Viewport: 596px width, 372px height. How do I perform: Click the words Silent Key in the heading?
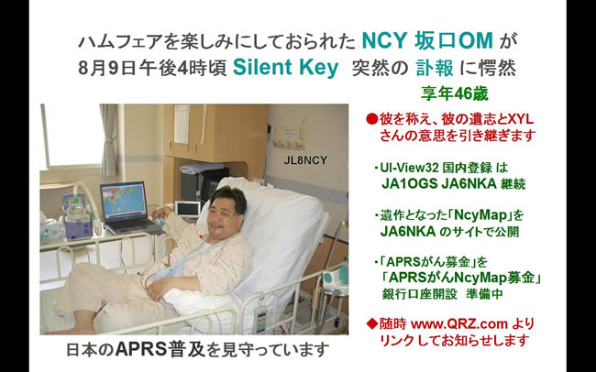285,68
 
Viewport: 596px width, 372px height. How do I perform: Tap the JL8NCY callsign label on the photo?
305,160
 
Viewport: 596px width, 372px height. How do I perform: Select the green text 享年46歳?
454,93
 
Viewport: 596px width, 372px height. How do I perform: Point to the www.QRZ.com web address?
459,324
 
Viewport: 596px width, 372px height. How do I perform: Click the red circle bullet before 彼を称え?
371,119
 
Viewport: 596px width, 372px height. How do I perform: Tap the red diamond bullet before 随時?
371,324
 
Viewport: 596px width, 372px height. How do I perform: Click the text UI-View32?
410,168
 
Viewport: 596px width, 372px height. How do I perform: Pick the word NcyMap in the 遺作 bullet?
481,215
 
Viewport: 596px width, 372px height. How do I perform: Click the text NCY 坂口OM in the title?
427,40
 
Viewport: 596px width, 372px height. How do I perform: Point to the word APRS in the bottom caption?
140,349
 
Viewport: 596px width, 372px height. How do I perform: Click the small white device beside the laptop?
187,210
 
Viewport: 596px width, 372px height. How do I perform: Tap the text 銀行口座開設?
419,294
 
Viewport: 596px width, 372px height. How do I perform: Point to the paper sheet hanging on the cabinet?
182,125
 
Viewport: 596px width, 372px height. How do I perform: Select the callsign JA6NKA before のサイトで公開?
408,232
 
